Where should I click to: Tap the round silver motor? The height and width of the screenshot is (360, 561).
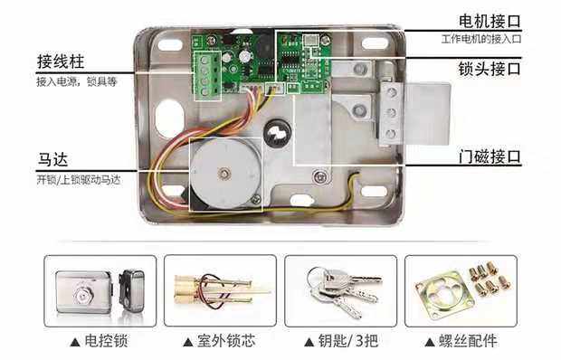[223, 173]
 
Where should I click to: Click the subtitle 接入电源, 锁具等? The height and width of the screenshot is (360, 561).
[76, 81]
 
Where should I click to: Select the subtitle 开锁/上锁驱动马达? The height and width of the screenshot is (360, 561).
[79, 179]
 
